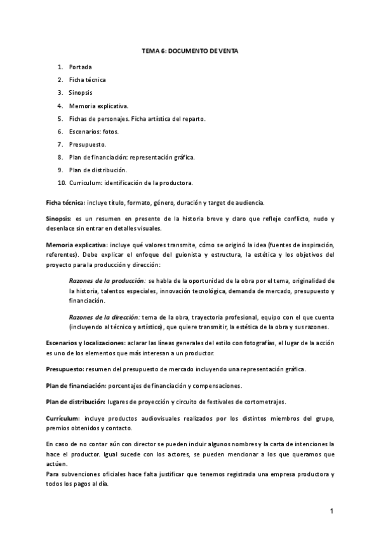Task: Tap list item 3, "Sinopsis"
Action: [81, 93]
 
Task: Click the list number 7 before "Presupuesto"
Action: [59, 144]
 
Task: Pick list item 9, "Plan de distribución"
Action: [98, 170]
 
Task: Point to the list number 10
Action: [61, 183]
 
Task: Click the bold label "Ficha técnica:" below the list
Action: [65, 202]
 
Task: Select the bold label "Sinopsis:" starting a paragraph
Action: [60, 219]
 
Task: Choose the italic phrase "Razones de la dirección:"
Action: [105, 317]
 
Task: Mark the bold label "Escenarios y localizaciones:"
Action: [85, 343]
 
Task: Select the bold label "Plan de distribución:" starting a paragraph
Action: [75, 402]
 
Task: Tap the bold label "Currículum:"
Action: [63, 418]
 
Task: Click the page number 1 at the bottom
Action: [331, 511]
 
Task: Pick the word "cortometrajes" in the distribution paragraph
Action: [264, 402]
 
